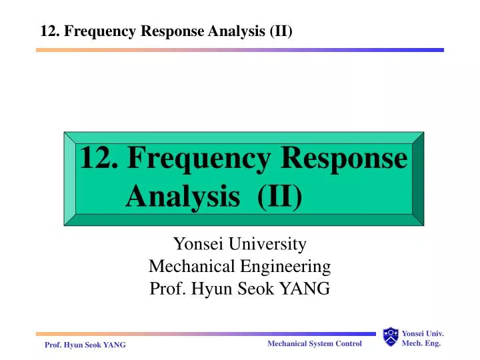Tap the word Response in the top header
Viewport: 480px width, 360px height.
172,31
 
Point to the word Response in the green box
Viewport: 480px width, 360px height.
344,159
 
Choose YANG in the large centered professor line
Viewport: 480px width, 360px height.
308,289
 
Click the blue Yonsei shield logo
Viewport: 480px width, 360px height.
391,337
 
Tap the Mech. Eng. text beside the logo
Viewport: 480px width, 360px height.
423,343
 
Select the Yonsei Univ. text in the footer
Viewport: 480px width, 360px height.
423,333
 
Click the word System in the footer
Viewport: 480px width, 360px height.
322,343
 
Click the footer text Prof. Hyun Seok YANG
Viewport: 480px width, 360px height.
85,344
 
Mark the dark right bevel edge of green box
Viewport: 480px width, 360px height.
418,179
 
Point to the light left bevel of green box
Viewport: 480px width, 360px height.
70,179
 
